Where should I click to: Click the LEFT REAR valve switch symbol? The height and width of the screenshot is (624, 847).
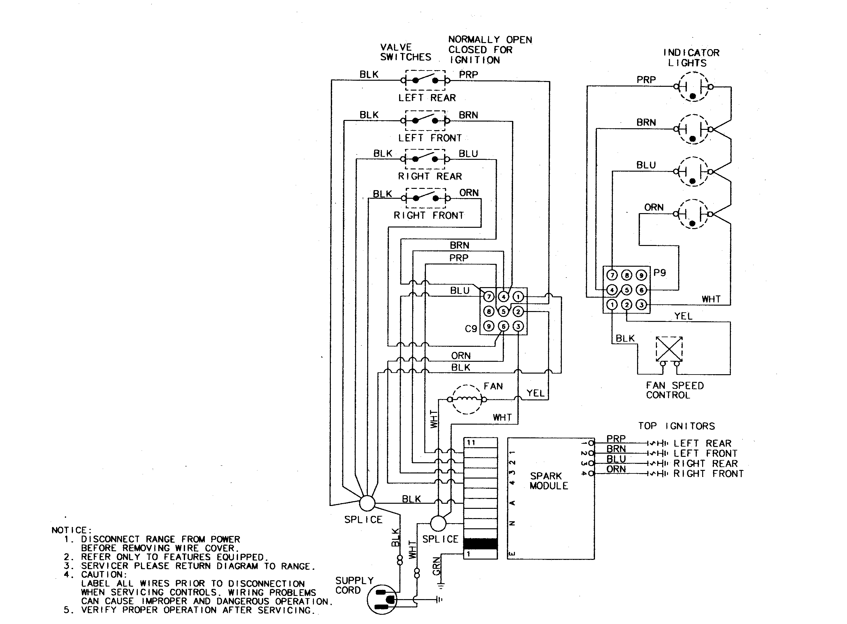(x=425, y=80)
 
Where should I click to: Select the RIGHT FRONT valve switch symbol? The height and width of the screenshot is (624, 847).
(x=425, y=198)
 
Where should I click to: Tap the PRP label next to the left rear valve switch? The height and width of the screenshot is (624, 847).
(x=468, y=75)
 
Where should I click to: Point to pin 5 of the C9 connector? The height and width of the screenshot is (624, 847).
(x=503, y=311)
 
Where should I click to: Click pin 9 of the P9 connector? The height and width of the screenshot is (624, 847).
(x=641, y=275)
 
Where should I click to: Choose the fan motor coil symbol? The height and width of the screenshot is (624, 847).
(x=467, y=399)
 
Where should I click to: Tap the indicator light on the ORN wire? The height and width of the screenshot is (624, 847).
(x=693, y=214)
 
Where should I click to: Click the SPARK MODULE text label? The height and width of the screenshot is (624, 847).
(x=548, y=481)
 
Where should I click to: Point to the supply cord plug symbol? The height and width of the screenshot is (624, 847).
(x=382, y=599)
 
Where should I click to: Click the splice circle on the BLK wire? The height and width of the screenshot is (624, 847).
(x=367, y=503)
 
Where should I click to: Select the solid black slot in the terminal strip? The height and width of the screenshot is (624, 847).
(x=480, y=544)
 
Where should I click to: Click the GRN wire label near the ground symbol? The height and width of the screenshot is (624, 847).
(x=436, y=566)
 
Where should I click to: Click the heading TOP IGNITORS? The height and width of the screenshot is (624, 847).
(x=676, y=426)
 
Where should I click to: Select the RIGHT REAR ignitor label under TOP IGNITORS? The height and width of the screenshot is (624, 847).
(x=705, y=464)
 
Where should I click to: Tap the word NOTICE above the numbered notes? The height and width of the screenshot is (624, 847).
(x=71, y=530)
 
